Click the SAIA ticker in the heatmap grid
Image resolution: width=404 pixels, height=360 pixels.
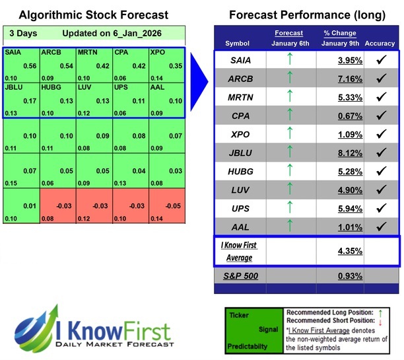coord(12,51)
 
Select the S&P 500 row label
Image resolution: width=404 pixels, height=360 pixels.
coord(242,274)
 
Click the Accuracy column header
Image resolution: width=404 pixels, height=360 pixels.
coord(379,44)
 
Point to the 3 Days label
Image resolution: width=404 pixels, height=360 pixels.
coord(22,33)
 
